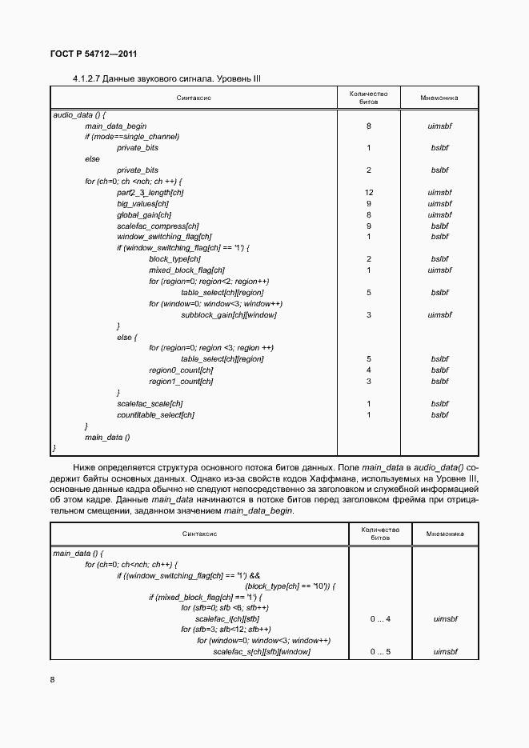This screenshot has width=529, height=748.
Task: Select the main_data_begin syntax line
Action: point(115,126)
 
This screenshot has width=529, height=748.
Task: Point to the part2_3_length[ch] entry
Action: point(150,192)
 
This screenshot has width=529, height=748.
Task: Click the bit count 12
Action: point(368,192)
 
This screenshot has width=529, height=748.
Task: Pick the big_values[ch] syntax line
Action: point(142,203)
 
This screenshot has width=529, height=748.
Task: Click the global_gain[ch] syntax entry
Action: point(143,214)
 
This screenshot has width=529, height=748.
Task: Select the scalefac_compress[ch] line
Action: point(157,226)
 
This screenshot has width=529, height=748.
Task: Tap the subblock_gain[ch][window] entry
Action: point(228,314)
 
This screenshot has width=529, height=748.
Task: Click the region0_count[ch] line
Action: point(180,370)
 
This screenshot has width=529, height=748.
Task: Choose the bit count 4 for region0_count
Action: point(368,370)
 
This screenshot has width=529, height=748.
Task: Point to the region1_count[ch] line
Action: point(180,381)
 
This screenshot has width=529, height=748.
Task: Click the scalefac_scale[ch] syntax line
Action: point(150,403)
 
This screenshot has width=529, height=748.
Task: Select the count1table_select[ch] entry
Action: point(155,414)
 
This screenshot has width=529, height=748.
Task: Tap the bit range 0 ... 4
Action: point(380,618)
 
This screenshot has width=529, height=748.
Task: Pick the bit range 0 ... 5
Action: point(380,652)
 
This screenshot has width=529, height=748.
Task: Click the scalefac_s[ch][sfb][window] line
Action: point(261,652)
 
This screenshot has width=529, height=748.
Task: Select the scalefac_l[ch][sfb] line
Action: point(226,618)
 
